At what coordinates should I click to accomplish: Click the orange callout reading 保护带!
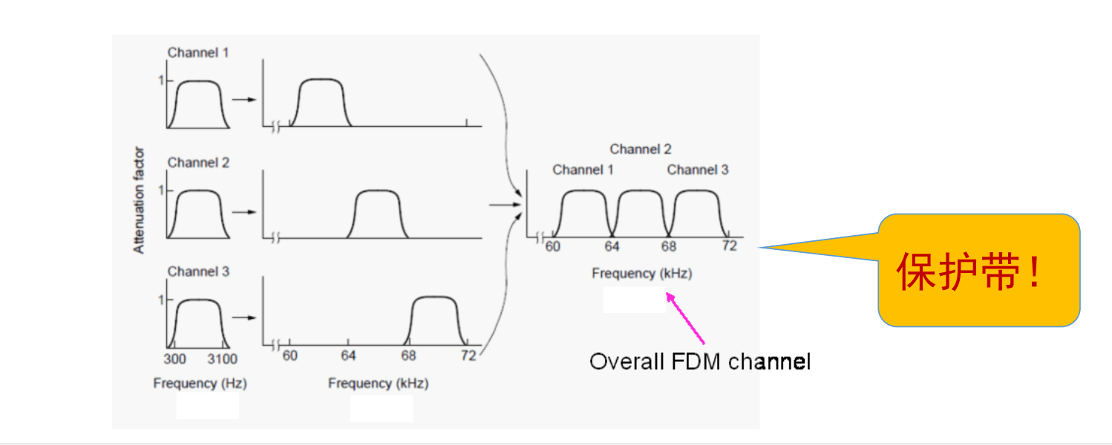[x=978, y=271]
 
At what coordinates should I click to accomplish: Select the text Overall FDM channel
[x=699, y=362]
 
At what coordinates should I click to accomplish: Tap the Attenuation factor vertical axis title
[x=140, y=201]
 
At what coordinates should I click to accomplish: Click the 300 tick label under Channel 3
[x=174, y=359]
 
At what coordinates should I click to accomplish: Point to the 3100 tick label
[x=222, y=359]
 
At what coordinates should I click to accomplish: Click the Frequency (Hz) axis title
[x=200, y=383]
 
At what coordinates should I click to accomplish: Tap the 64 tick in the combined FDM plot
[x=612, y=246]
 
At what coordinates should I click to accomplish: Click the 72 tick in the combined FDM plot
[x=729, y=246]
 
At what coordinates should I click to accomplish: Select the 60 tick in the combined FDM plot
[x=553, y=246]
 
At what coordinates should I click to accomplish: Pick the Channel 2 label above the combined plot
[x=641, y=149]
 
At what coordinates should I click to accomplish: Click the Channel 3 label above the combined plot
[x=698, y=170]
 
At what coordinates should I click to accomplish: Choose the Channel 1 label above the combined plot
[x=583, y=170]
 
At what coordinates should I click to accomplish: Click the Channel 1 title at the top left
[x=198, y=53]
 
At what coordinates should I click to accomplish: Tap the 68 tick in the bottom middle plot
[x=408, y=356]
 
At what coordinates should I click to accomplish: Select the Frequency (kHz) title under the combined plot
[x=641, y=274]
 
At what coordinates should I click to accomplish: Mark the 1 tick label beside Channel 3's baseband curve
[x=160, y=300]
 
